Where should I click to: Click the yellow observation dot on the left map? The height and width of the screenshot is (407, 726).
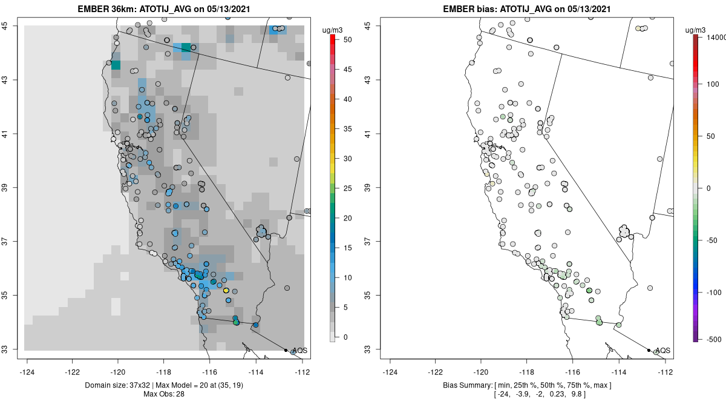pos(226,291)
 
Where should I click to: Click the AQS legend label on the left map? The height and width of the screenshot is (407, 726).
pos(299,351)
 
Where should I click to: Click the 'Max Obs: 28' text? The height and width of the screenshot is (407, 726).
pos(163,394)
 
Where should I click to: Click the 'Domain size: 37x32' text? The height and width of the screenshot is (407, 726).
pos(119,385)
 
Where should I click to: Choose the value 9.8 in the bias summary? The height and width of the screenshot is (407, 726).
pos(577,394)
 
